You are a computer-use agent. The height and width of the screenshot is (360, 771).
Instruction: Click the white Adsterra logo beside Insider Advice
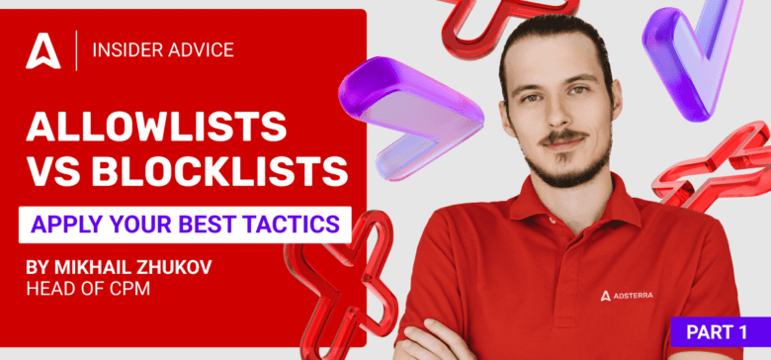43,50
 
